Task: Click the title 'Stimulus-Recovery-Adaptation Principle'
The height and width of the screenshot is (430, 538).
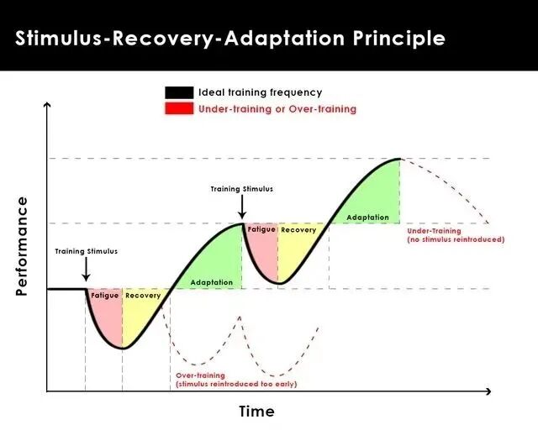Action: [230, 39]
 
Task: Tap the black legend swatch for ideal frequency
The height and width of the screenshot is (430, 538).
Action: [178, 92]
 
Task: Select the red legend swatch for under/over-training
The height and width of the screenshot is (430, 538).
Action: [178, 108]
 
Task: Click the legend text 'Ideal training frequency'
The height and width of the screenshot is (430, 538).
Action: [260, 92]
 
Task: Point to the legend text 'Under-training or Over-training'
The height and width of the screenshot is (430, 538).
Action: [277, 109]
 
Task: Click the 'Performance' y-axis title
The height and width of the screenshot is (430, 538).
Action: [23, 246]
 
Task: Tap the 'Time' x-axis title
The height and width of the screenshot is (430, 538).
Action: [256, 412]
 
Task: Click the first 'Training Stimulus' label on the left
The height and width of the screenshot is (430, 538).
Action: [86, 251]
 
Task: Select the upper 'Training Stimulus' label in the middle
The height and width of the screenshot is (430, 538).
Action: [242, 189]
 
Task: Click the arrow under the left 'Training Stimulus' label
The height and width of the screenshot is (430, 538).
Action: [86, 270]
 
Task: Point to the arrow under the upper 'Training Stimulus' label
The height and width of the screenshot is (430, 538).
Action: [242, 207]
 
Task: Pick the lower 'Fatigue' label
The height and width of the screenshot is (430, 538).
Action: [105, 296]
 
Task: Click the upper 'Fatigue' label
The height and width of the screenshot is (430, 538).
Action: [261, 229]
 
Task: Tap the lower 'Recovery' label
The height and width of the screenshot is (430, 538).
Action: [143, 296]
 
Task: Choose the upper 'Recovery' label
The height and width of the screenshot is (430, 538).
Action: [298, 229]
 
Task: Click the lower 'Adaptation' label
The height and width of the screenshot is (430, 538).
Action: [212, 282]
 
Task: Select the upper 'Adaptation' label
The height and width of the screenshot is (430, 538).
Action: [368, 218]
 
